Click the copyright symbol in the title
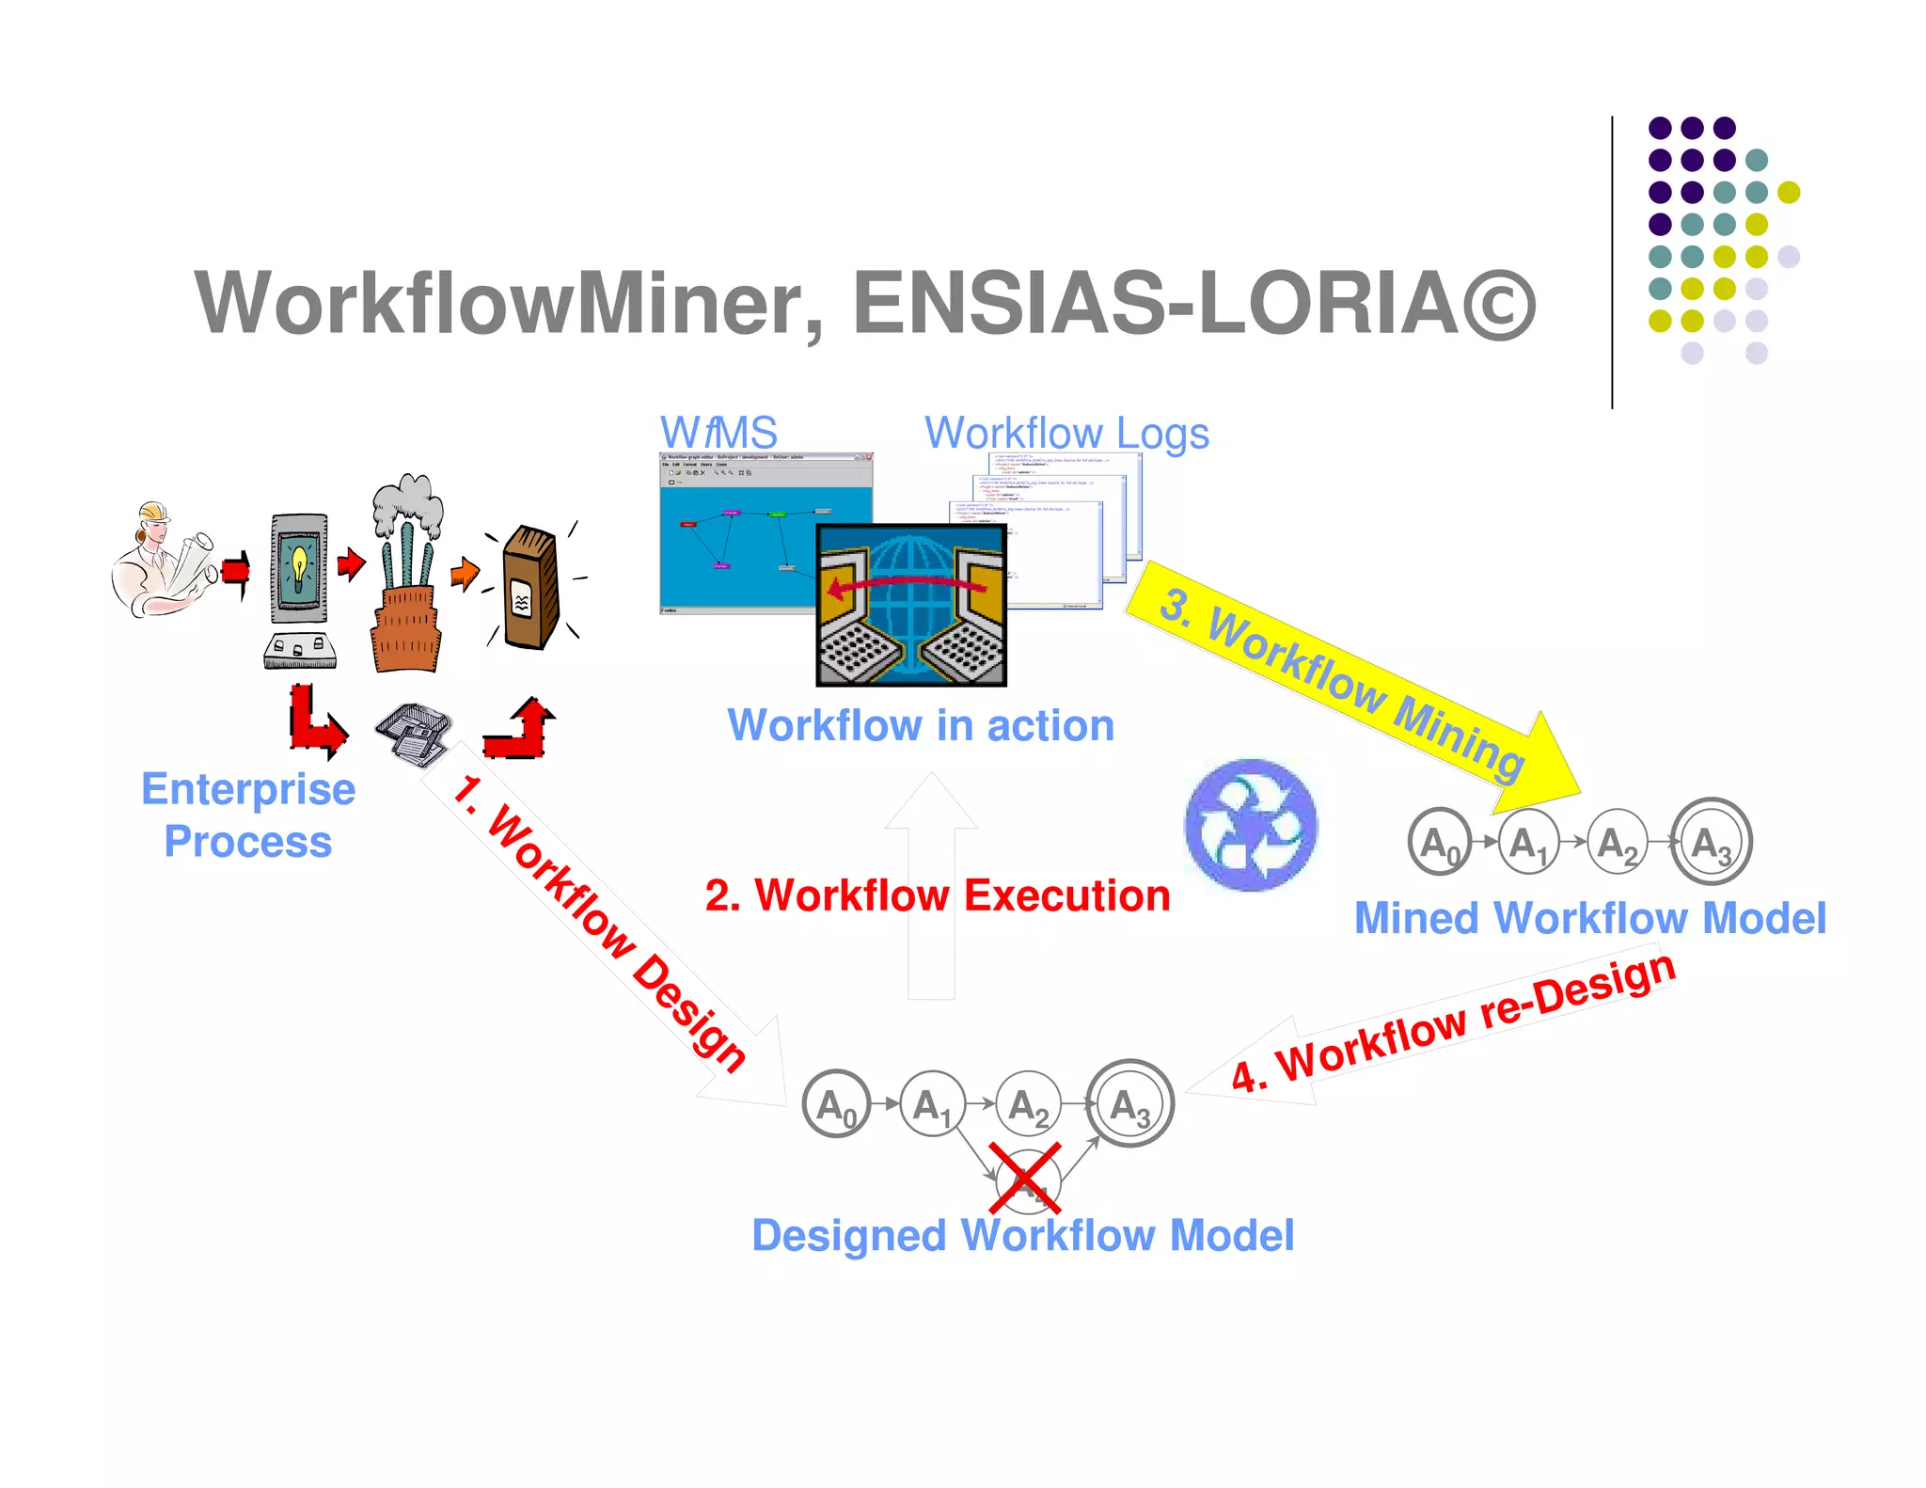click(x=1498, y=305)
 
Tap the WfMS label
click(x=718, y=433)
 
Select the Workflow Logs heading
click(x=1066, y=433)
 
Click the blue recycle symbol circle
click(x=1251, y=825)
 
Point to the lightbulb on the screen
click(x=299, y=564)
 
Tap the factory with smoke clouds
click(x=406, y=574)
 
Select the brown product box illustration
click(x=530, y=589)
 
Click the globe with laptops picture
click(x=910, y=606)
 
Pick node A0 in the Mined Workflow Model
click(x=1439, y=842)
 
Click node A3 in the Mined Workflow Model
click(x=1712, y=842)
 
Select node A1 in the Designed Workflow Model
click(x=932, y=1104)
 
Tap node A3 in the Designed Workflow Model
click(x=1129, y=1104)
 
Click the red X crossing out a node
click(x=1025, y=1179)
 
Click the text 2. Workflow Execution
click(x=938, y=894)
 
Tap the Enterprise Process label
click(x=248, y=815)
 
